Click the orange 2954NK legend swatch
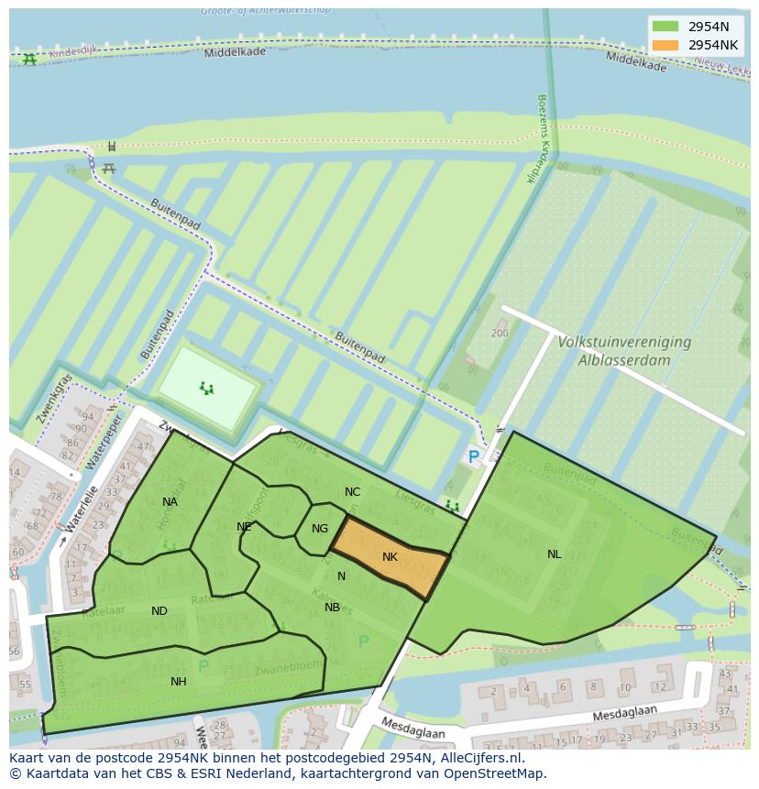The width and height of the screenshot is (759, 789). tap(665, 45)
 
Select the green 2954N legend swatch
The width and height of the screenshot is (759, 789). tap(665, 27)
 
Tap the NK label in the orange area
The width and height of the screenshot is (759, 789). tap(390, 557)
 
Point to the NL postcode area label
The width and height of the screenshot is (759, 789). tap(554, 554)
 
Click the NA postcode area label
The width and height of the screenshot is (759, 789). tap(170, 501)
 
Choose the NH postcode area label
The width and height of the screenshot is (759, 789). tap(178, 681)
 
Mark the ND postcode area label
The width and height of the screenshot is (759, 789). tap(159, 611)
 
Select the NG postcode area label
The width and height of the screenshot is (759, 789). tap(319, 529)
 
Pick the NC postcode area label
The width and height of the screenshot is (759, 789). tap(352, 492)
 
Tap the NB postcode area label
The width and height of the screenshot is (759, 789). tap(332, 607)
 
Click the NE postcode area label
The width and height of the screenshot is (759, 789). tap(244, 527)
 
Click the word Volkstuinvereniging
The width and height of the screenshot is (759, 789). tap(623, 342)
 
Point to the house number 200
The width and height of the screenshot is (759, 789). tap(500, 333)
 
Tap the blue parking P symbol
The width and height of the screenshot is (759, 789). tap(473, 456)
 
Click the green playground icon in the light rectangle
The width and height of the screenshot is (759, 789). tap(208, 389)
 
